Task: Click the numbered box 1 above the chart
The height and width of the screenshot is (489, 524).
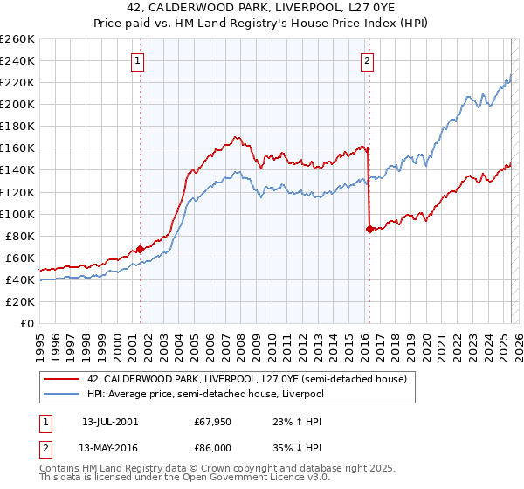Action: click(139, 60)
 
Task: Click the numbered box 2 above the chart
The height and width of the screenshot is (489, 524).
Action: click(367, 60)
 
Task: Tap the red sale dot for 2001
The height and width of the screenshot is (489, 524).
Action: click(140, 249)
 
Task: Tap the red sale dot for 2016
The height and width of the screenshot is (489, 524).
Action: click(369, 229)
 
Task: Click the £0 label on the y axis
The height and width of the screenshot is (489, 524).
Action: click(27, 323)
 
